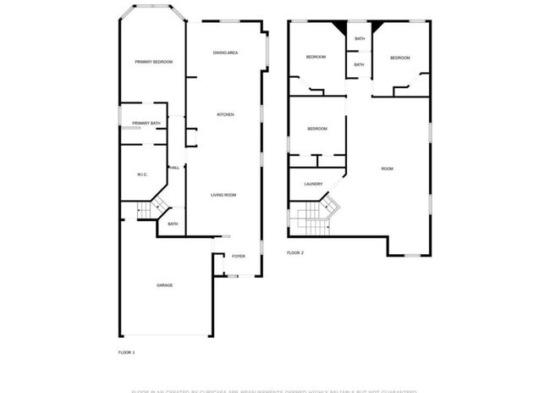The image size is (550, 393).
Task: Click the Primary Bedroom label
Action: [x=154, y=62]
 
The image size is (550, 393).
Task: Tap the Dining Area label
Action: [x=225, y=53]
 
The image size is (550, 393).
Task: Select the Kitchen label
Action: [x=225, y=114]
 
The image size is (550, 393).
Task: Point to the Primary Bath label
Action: [x=146, y=125]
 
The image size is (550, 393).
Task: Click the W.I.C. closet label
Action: [x=142, y=174]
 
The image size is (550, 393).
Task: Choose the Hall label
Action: [x=174, y=168]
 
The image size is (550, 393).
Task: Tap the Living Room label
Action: [x=223, y=195]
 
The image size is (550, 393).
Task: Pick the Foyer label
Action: [x=239, y=255]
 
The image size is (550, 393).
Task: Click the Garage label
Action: [x=164, y=285]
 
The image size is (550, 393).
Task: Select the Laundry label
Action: [x=313, y=184]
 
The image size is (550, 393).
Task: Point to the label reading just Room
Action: [x=387, y=169]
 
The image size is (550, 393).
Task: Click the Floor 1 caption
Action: [x=126, y=351]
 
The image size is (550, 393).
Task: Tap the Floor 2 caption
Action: [x=295, y=252]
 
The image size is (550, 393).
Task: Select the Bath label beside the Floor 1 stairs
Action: [x=173, y=224]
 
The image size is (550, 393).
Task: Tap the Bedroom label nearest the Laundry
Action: [x=316, y=128]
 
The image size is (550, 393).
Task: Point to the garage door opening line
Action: [x=164, y=335]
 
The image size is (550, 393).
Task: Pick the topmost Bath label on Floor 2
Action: [x=360, y=39]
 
